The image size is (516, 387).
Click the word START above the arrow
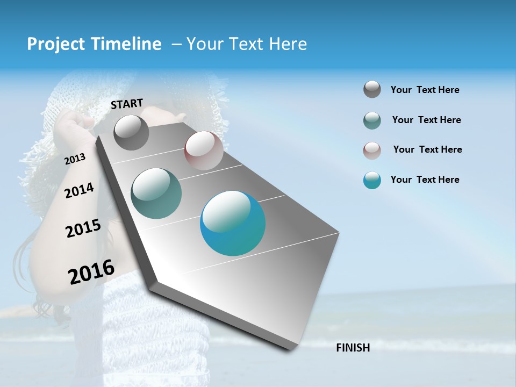[x=127, y=103]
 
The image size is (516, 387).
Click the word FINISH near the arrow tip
[x=353, y=348]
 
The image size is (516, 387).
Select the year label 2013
[x=75, y=159]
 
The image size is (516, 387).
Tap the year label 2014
[x=79, y=190]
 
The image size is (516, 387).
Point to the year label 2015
[x=83, y=228]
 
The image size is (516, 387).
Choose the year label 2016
[x=91, y=271]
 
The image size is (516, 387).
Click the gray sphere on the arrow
[x=131, y=133]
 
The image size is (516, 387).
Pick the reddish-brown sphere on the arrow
[x=204, y=150]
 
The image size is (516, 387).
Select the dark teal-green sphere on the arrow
[x=156, y=193]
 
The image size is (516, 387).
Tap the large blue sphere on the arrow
[x=233, y=223]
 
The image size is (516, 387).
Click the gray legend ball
[x=372, y=89]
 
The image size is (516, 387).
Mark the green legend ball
[x=372, y=120]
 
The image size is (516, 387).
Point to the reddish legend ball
[x=372, y=150]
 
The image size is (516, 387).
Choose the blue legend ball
[x=372, y=180]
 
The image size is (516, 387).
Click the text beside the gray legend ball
[x=425, y=90]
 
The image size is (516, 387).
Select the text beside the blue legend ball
[x=425, y=180]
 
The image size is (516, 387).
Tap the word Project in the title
[x=54, y=44]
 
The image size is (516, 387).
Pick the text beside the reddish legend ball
[x=427, y=149]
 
